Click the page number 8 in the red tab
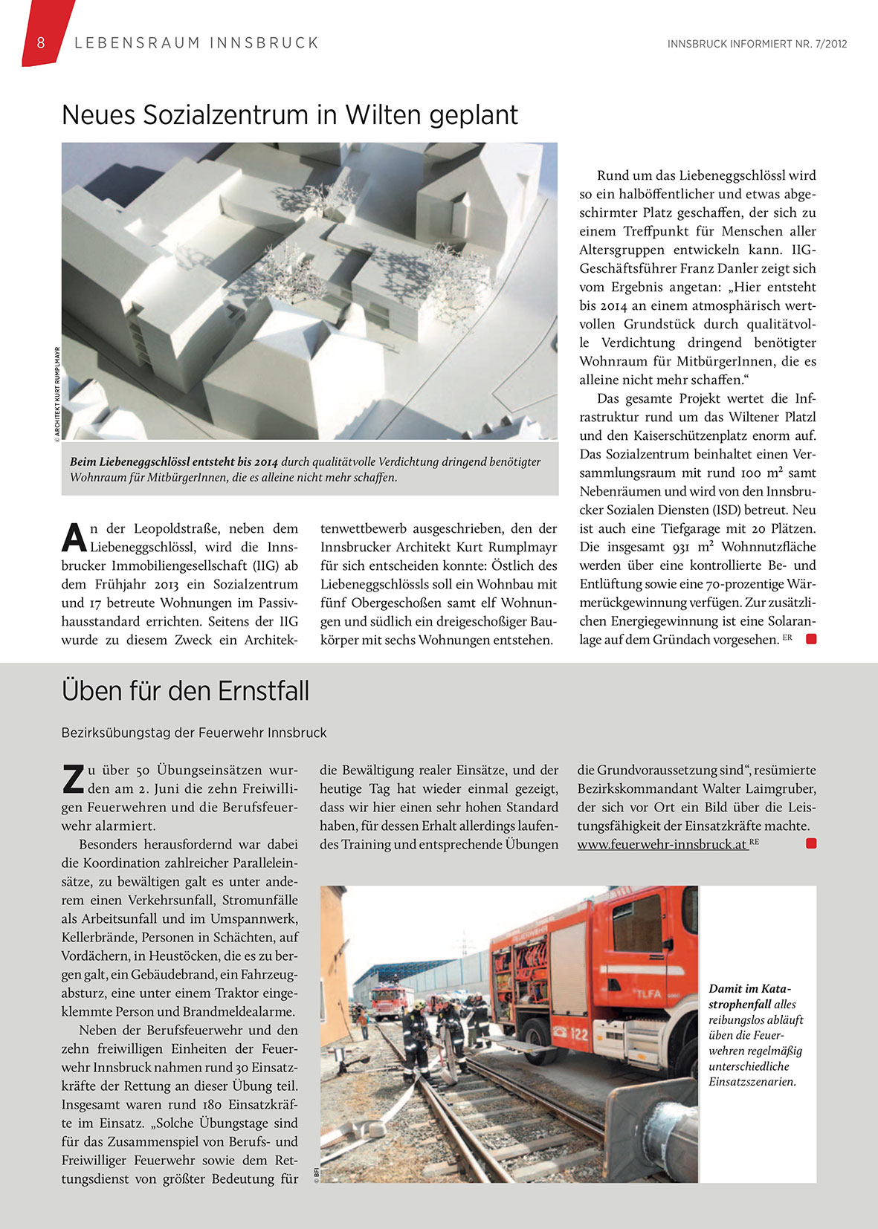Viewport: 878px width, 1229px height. pos(41,42)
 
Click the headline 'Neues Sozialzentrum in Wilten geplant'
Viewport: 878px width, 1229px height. pos(290,115)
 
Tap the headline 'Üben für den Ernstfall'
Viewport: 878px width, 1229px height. pos(185,691)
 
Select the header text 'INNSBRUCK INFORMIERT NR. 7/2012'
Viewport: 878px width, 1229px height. pos(757,44)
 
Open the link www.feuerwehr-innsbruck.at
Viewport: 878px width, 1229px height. pos(662,845)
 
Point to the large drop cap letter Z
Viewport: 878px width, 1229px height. pos(73,779)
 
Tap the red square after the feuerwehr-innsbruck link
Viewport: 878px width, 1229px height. pos(811,843)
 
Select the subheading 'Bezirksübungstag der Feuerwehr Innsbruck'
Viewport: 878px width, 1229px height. pos(194,733)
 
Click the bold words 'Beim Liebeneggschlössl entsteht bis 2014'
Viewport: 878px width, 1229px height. pos(174,462)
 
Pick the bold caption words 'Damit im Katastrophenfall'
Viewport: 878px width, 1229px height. pos(749,996)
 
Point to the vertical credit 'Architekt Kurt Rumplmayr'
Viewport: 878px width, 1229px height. pos(57,394)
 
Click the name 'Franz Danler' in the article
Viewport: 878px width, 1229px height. pos(712,269)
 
